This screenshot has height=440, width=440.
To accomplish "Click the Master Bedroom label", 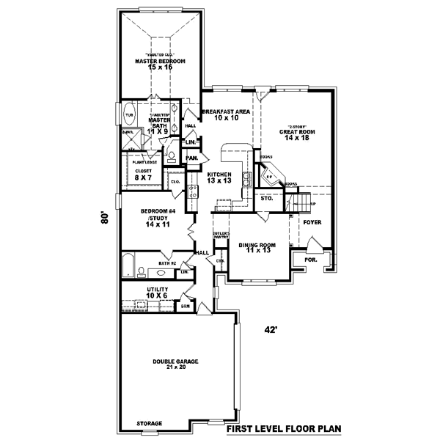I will click(x=159, y=60).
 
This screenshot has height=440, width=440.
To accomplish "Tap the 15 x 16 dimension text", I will click(x=159, y=67).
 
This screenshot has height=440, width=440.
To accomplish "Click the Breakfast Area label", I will click(x=227, y=111).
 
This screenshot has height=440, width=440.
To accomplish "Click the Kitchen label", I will click(x=219, y=174).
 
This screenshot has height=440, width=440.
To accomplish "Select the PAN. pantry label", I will click(x=192, y=158).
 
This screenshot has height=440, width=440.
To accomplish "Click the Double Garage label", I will click(x=175, y=361).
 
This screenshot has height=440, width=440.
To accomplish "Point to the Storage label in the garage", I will click(x=149, y=424).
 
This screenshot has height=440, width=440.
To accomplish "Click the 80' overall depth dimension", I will click(x=106, y=219).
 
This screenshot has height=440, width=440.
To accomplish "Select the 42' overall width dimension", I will click(x=271, y=331).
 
